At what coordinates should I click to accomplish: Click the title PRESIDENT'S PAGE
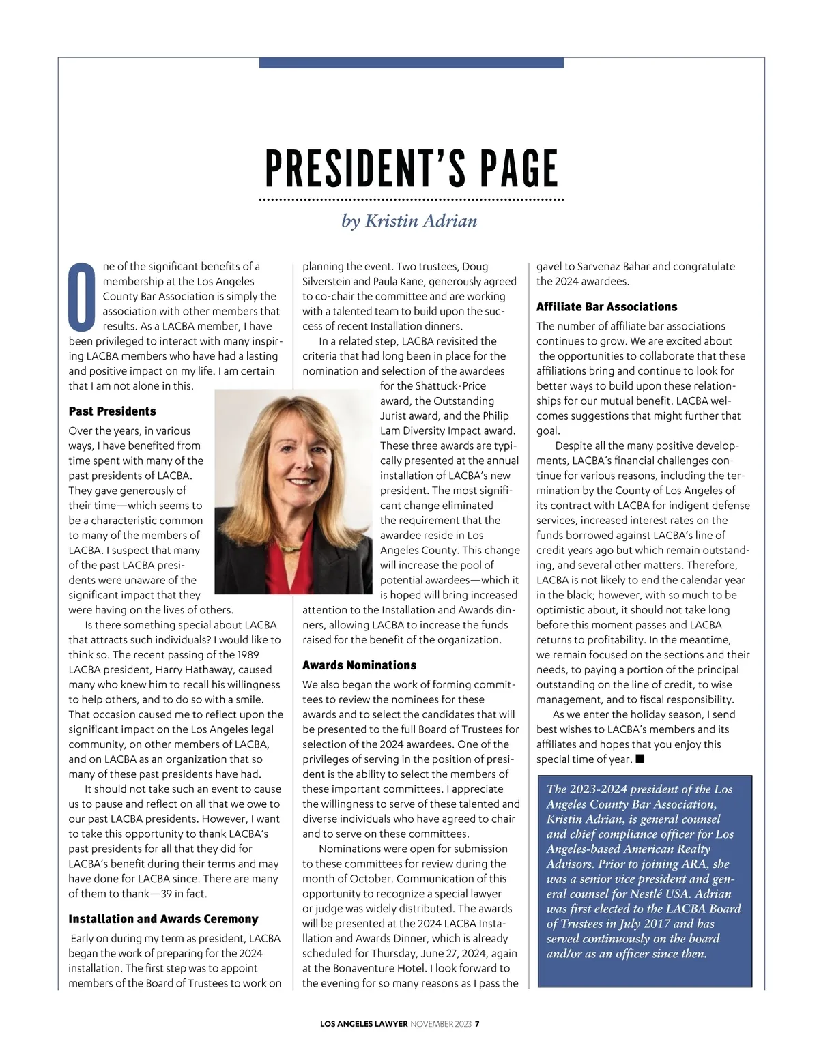411,169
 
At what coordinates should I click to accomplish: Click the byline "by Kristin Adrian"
409,221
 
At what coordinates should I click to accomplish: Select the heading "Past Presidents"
112,411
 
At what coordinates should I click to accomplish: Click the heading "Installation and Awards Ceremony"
163,919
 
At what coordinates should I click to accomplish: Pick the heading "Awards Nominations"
359,665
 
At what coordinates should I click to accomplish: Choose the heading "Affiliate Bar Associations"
607,307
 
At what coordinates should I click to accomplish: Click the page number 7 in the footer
478,1023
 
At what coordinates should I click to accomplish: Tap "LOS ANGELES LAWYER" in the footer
364,1023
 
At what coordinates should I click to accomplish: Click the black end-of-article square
640,759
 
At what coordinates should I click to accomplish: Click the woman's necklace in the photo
289,547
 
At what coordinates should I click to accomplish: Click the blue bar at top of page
411,63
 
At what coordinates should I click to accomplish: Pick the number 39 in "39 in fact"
166,894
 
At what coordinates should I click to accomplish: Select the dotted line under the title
411,200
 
